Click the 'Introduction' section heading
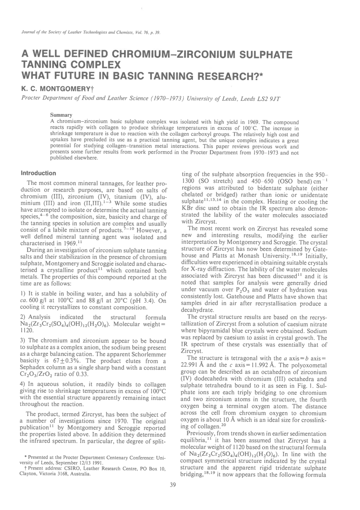pos(38,173)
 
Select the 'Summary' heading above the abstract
pos(61,115)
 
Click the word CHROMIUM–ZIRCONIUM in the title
pos(170,55)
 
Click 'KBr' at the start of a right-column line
pos(186,209)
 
